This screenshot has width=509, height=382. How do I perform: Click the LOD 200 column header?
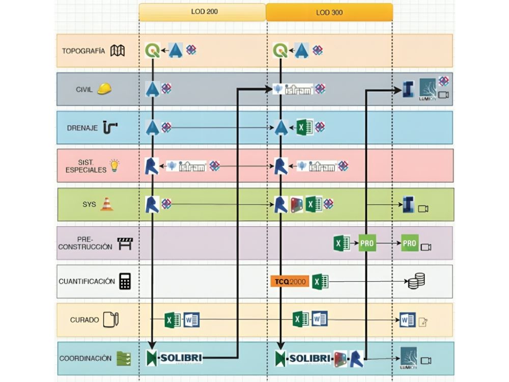[202, 12]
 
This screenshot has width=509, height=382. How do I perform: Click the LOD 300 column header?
[329, 12]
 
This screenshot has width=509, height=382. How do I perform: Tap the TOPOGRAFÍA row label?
[83, 51]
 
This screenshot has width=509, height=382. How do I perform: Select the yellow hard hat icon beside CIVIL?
[104, 89]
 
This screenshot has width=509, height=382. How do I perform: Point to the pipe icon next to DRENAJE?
[110, 127]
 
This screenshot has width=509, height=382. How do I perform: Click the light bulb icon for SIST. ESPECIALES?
[115, 166]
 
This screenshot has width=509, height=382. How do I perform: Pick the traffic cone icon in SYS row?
[107, 204]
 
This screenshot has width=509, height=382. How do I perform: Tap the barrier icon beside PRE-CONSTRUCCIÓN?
[125, 243]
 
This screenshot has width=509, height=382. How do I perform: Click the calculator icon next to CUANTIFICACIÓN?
[125, 281]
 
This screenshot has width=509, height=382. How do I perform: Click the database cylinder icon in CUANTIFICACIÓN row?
[416, 281]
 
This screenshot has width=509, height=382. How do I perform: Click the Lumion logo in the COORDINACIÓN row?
[409, 359]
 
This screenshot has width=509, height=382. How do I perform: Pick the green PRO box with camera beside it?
[409, 243]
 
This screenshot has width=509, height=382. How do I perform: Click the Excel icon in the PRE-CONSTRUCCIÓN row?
[341, 243]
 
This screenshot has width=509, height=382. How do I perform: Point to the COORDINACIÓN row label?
[85, 358]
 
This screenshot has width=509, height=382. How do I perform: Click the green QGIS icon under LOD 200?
[152, 50]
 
